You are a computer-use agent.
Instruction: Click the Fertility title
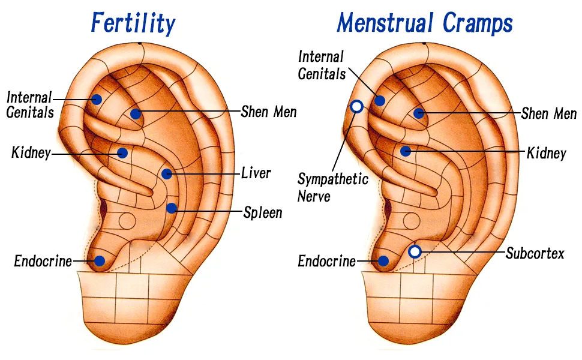pyautogui.click(x=133, y=23)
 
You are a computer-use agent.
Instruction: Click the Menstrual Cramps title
pyautogui.click(x=425, y=23)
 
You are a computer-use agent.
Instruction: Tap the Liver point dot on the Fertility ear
pyautogui.click(x=167, y=173)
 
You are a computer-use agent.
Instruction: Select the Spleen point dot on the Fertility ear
pyautogui.click(x=171, y=208)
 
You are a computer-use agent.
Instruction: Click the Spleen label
pyautogui.click(x=263, y=212)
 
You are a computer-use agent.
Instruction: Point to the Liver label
pyautogui.click(x=256, y=173)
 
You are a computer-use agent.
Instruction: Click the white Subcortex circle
pyautogui.click(x=415, y=251)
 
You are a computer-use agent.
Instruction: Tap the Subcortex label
pyautogui.click(x=535, y=253)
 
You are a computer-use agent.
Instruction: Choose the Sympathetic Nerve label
pyautogui.click(x=332, y=187)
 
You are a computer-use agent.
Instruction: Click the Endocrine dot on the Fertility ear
pyautogui.click(x=99, y=261)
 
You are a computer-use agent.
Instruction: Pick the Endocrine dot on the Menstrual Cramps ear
pyautogui.click(x=383, y=261)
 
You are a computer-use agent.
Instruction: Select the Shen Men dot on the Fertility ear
pyautogui.click(x=136, y=114)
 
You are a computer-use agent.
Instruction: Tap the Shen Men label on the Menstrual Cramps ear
pyautogui.click(x=548, y=113)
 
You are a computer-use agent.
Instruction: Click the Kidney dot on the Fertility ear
pyautogui.click(x=122, y=152)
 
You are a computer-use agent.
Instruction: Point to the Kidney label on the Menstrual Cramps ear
pyautogui.click(x=547, y=153)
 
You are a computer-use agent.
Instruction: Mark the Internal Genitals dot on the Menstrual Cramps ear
pyautogui.click(x=379, y=100)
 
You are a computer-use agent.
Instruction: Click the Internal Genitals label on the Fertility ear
pyautogui.click(x=30, y=105)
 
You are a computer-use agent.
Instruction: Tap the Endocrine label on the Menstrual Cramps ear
pyautogui.click(x=326, y=261)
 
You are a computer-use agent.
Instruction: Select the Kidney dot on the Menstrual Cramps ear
pyautogui.click(x=406, y=151)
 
